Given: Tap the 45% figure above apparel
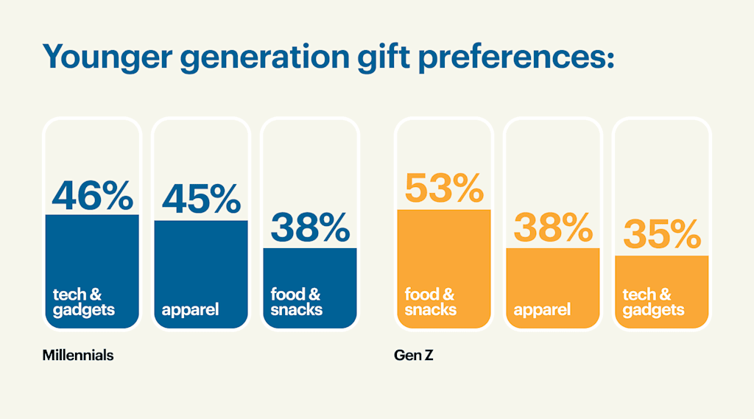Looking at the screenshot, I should (x=201, y=199).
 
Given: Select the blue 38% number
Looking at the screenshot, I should (x=310, y=228).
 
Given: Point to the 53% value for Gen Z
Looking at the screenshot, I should (x=444, y=189).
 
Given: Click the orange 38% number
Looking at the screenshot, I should (x=553, y=228).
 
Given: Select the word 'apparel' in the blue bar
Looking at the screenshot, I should (x=191, y=309).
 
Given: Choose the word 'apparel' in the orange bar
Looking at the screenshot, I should (x=543, y=309).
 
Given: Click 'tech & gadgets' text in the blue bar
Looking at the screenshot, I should (x=83, y=302).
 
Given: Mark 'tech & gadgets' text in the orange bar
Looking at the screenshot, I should (x=653, y=302).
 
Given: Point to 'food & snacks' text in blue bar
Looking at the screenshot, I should (x=296, y=302).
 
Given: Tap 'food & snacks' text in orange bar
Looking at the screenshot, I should (x=430, y=302).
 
